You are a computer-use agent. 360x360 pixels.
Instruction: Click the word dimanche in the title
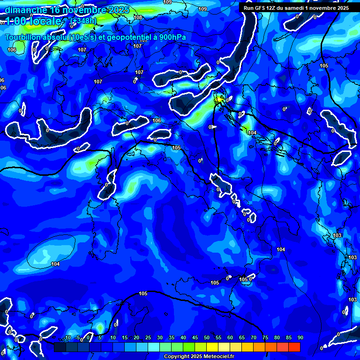[x=26, y=10]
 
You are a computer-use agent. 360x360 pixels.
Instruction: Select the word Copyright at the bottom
[x=177, y=357]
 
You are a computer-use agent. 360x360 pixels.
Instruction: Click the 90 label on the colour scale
[x=300, y=338]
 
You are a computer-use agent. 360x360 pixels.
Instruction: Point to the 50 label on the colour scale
[x=207, y=338]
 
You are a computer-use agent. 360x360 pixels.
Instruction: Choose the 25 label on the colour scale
[x=148, y=338]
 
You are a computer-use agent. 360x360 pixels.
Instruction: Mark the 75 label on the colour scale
[x=265, y=338]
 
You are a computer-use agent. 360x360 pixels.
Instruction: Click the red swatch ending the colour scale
[x=294, y=347]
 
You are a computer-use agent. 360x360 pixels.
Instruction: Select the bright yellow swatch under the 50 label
[x=212, y=347]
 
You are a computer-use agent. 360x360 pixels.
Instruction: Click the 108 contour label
[x=137, y=18]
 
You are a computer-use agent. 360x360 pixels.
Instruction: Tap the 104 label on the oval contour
[x=55, y=264]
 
